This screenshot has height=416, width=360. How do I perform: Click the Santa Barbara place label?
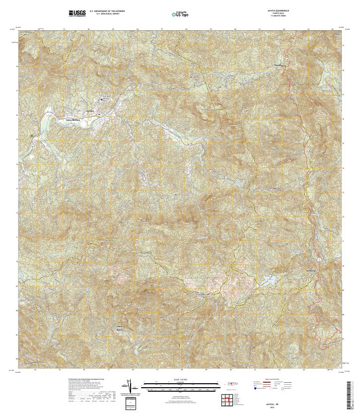coord(73,119)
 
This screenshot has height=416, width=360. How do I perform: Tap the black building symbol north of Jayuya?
coord(101,99)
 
